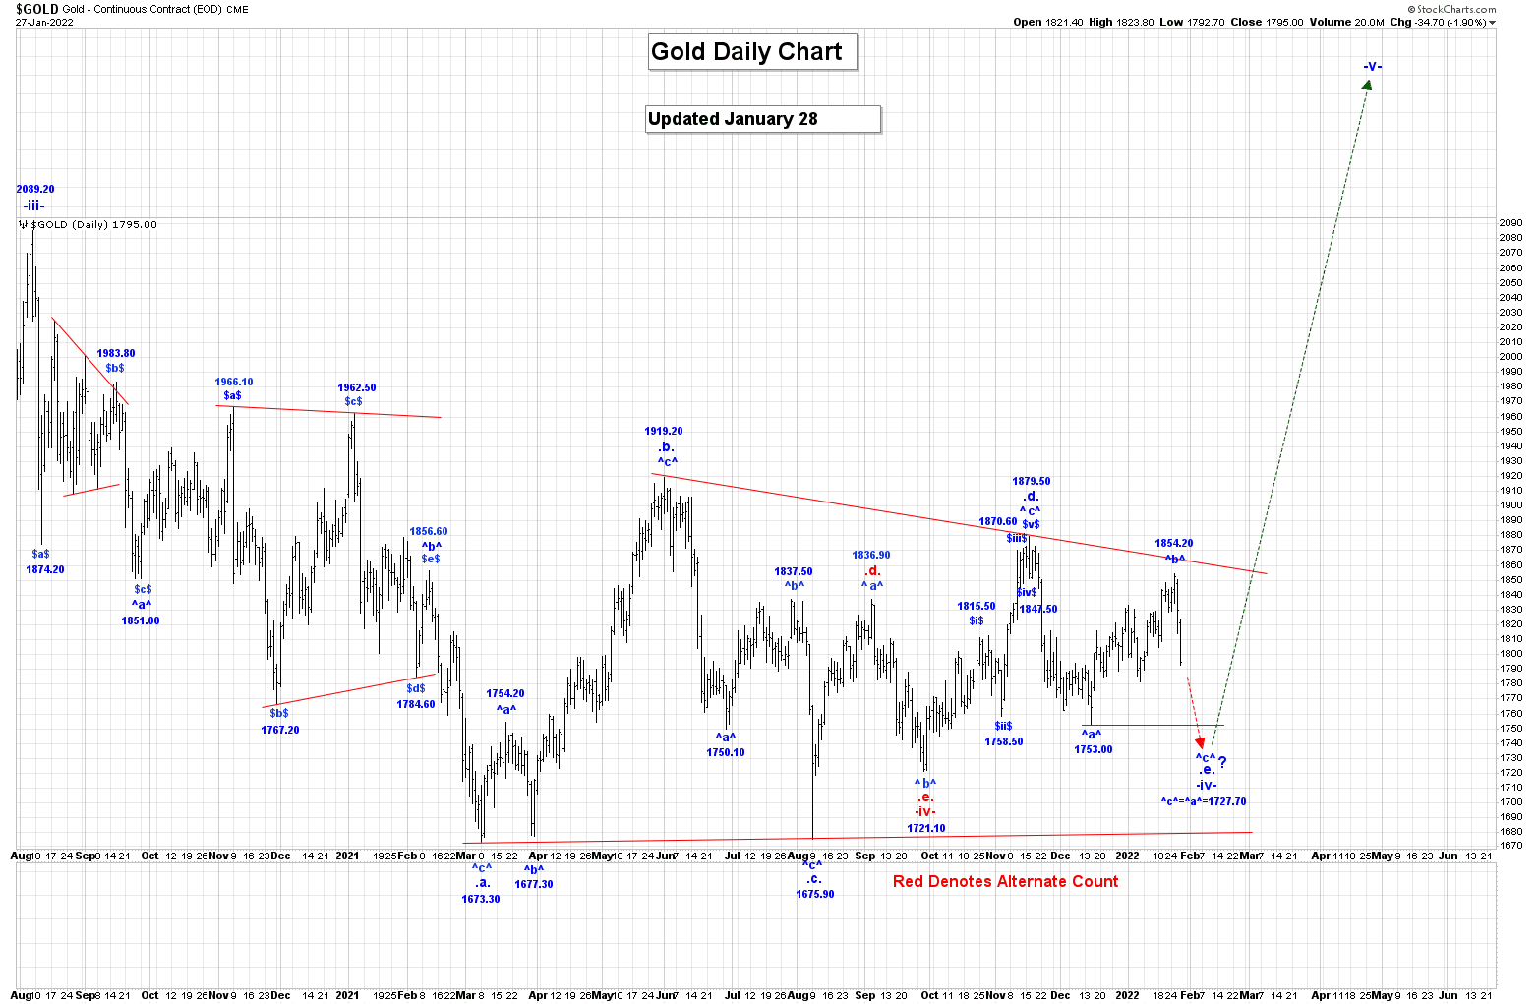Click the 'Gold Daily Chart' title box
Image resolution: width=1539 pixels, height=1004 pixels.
pyautogui.click(x=752, y=52)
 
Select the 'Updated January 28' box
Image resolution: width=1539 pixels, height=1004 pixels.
pyautogui.click(x=762, y=119)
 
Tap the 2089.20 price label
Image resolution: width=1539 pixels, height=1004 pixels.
pyautogui.click(x=35, y=189)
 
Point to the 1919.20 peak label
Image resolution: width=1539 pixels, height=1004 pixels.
pyautogui.click(x=664, y=431)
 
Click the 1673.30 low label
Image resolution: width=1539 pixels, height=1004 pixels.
pyautogui.click(x=481, y=899)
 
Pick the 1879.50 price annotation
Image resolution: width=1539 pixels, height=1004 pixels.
pyautogui.click(x=1032, y=481)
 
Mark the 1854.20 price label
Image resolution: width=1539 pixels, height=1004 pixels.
pyautogui.click(x=1174, y=543)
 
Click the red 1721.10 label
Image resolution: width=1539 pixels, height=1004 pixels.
pyautogui.click(x=926, y=828)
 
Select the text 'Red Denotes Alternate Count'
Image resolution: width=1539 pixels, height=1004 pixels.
pyautogui.click(x=1005, y=881)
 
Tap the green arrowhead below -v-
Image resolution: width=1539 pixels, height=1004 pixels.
pyautogui.click(x=1367, y=86)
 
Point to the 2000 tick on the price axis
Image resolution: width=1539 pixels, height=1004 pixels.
pyautogui.click(x=1510, y=357)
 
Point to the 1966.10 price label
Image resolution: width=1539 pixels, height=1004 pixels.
pyautogui.click(x=234, y=382)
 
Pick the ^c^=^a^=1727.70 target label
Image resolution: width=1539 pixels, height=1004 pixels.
pyautogui.click(x=1203, y=801)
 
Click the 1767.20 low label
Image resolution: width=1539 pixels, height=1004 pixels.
pyautogui.click(x=280, y=730)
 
